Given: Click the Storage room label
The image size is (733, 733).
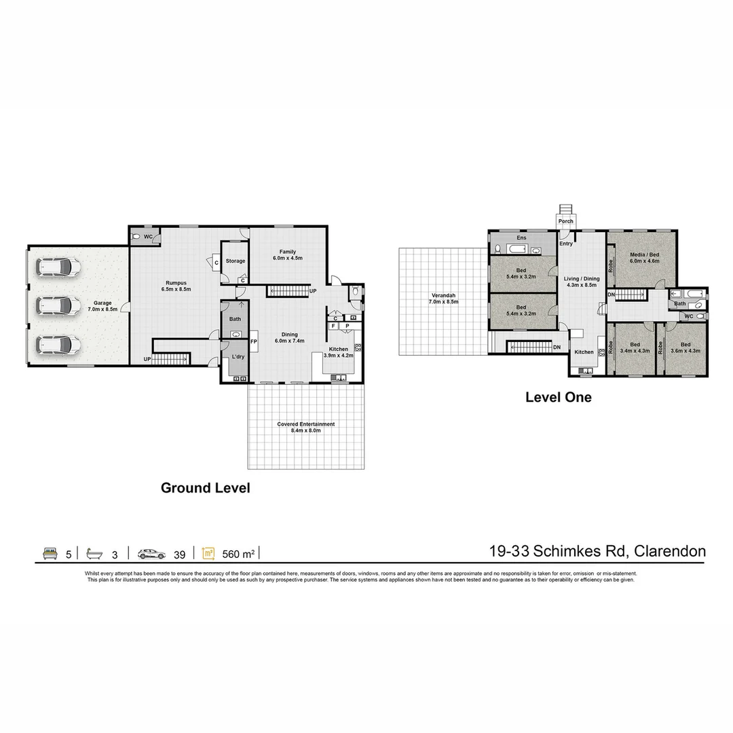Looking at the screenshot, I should coord(235,261).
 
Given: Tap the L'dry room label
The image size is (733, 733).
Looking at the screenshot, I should coord(238,356).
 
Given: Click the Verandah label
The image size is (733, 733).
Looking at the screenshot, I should coord(444,298).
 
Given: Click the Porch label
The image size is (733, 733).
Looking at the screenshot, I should coord(565,221).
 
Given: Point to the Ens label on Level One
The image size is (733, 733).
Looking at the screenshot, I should coord(521,238).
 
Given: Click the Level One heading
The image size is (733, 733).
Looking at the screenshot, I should coord(558,397).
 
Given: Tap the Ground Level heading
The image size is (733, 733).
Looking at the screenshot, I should coord(205,487).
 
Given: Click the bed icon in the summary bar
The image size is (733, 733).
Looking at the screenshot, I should coord(50,553).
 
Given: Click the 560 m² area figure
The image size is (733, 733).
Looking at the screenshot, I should coord(238,554).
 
